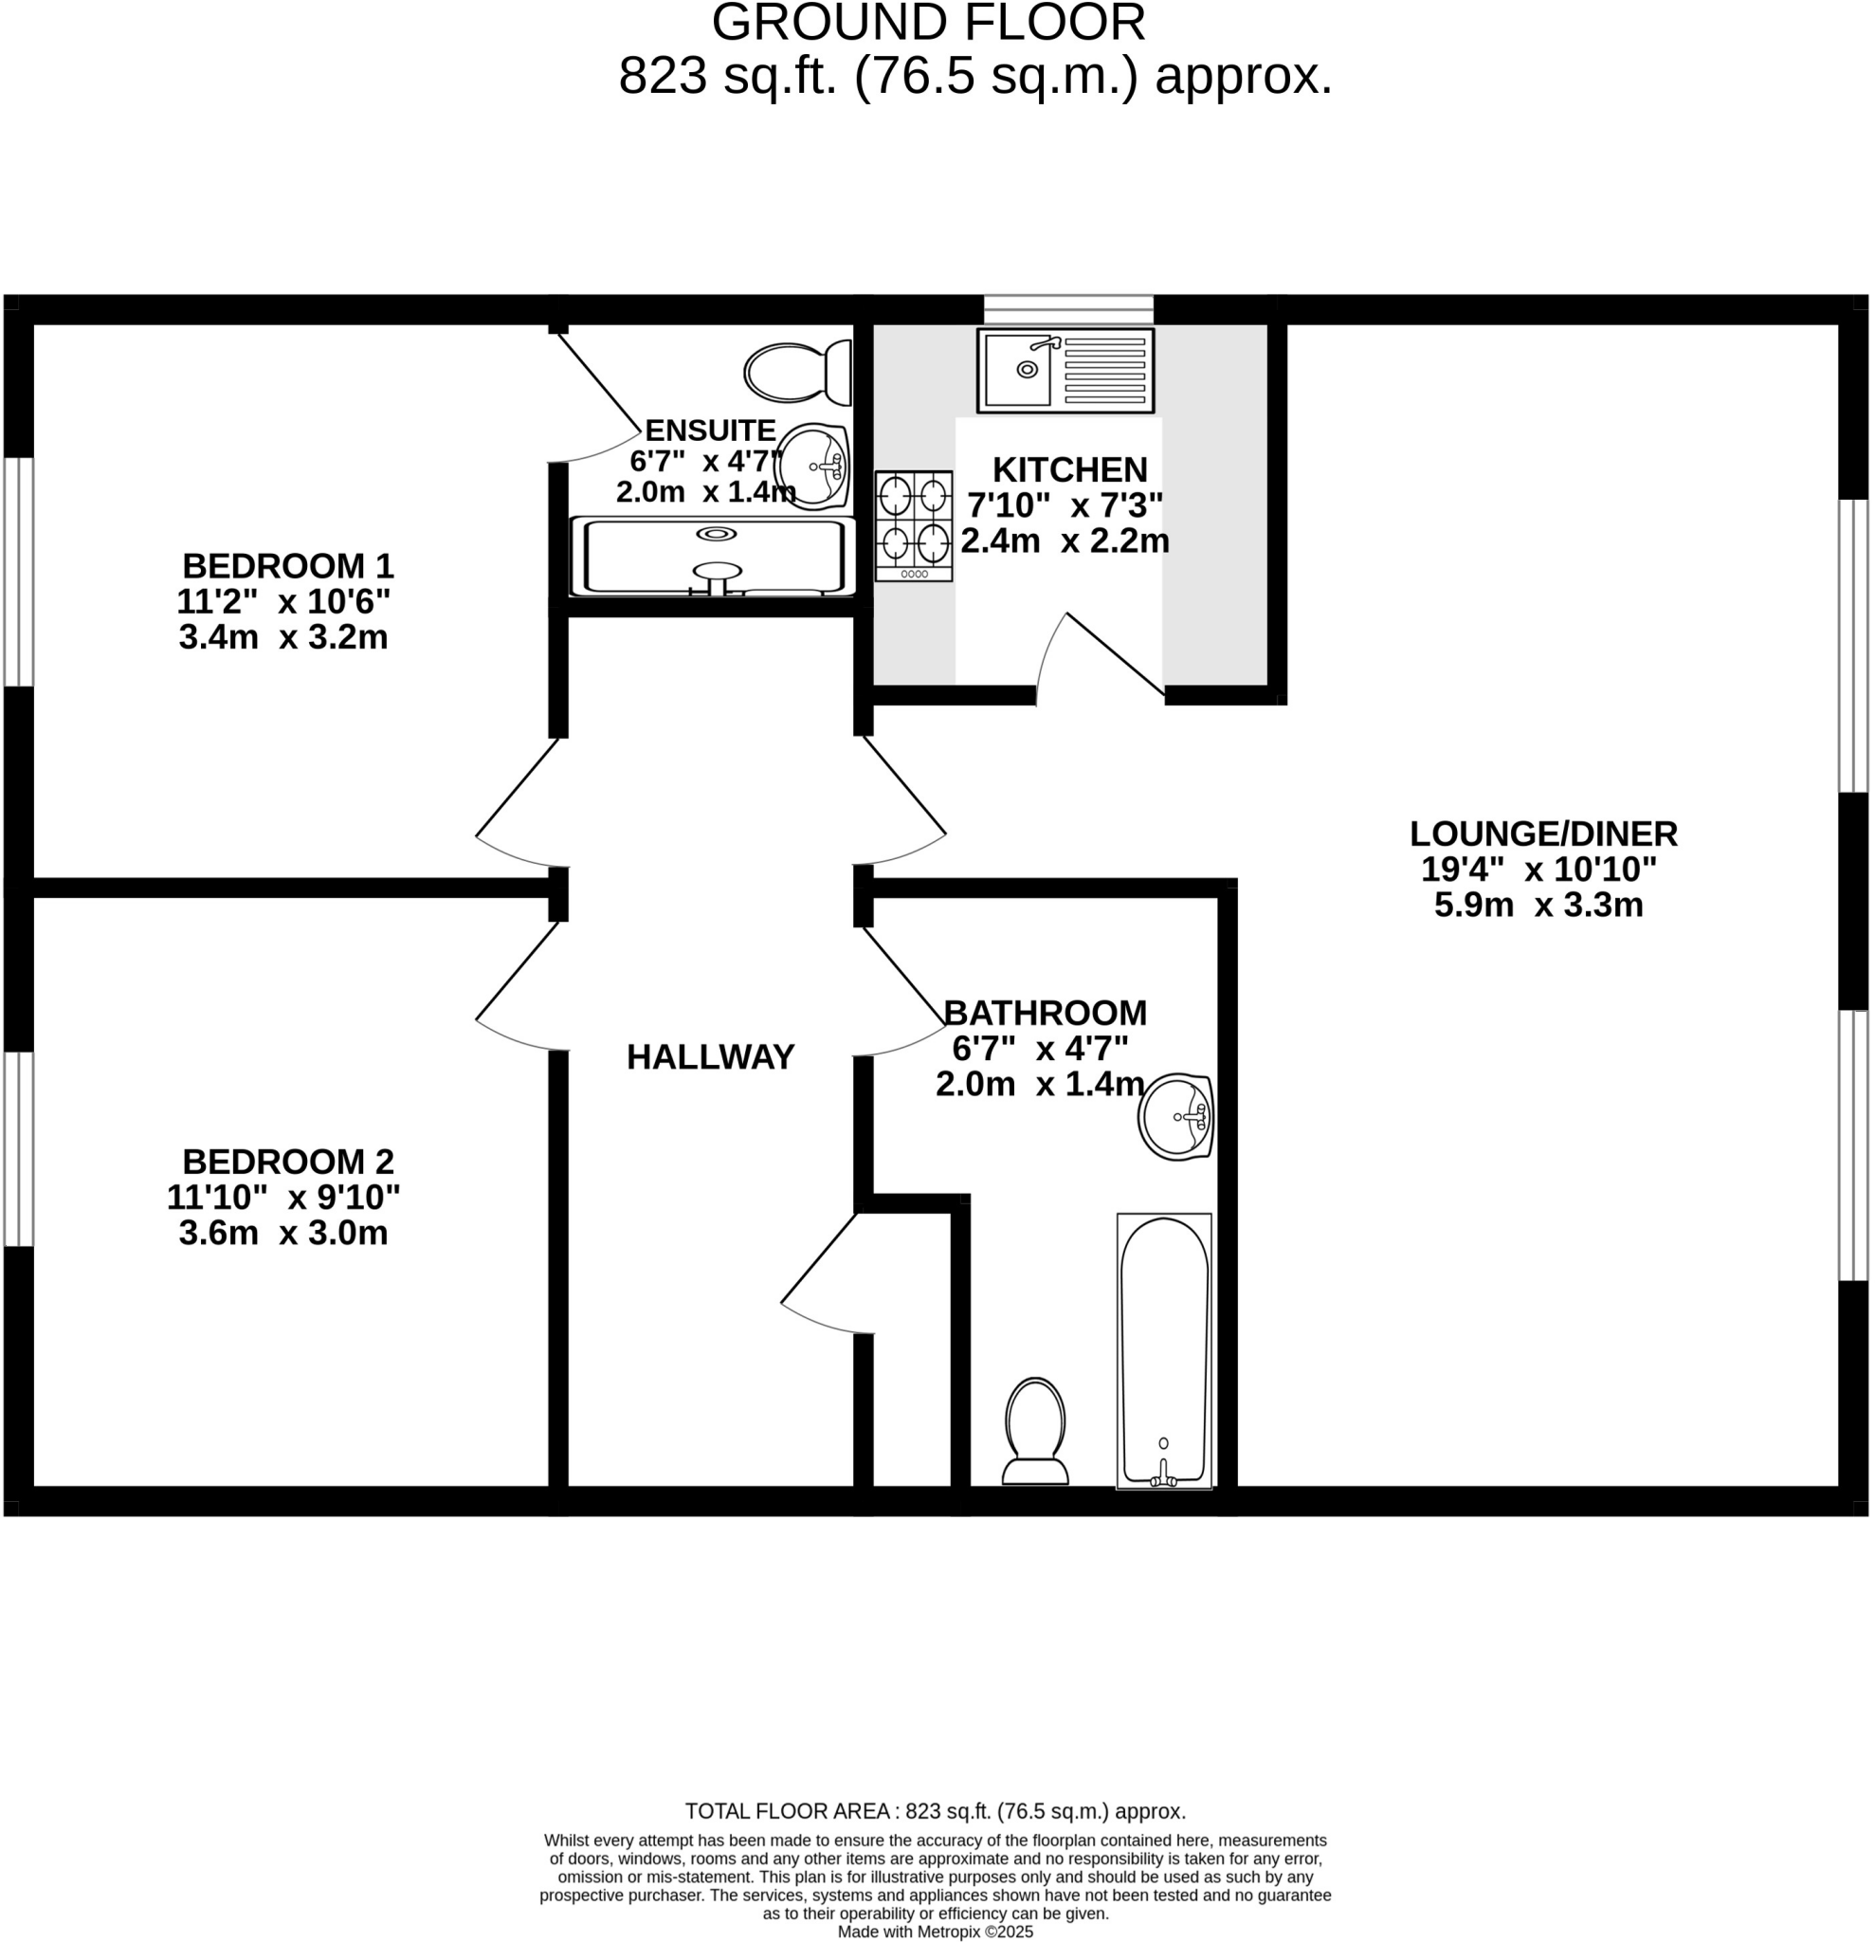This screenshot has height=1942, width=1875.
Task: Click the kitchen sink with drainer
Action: [1065, 370]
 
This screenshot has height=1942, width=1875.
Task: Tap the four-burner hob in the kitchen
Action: [913, 525]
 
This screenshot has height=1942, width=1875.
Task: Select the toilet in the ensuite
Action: [797, 373]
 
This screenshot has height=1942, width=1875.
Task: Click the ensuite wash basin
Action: [813, 466]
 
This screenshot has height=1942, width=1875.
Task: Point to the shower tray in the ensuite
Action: [711, 557]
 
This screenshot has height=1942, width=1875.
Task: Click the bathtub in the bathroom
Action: [1164, 1349]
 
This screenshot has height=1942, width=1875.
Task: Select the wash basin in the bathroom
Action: [1176, 1117]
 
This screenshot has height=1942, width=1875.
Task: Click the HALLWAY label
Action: [710, 1057]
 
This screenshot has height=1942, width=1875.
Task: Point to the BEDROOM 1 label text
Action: [287, 566]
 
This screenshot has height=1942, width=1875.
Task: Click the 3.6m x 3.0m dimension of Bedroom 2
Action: [283, 1233]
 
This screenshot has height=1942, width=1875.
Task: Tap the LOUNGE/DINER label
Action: [1543, 834]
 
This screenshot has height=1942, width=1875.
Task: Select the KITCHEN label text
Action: [1069, 468]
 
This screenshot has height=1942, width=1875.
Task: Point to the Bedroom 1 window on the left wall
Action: [19, 572]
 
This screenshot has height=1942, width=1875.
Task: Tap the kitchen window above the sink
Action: [1067, 308]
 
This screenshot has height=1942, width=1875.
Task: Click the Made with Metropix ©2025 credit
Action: [935, 1932]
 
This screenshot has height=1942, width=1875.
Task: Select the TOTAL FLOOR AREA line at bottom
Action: [935, 1811]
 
